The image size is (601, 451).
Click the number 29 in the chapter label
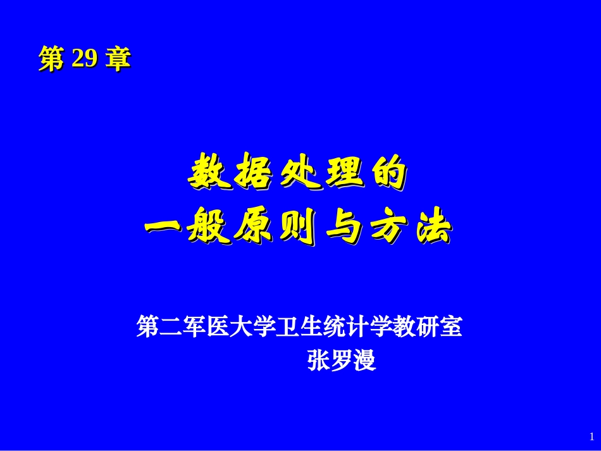click(x=85, y=59)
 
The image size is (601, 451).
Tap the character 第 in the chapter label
click(x=52, y=59)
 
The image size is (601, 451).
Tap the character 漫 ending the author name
click(x=365, y=361)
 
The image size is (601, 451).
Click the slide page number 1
click(x=592, y=436)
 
